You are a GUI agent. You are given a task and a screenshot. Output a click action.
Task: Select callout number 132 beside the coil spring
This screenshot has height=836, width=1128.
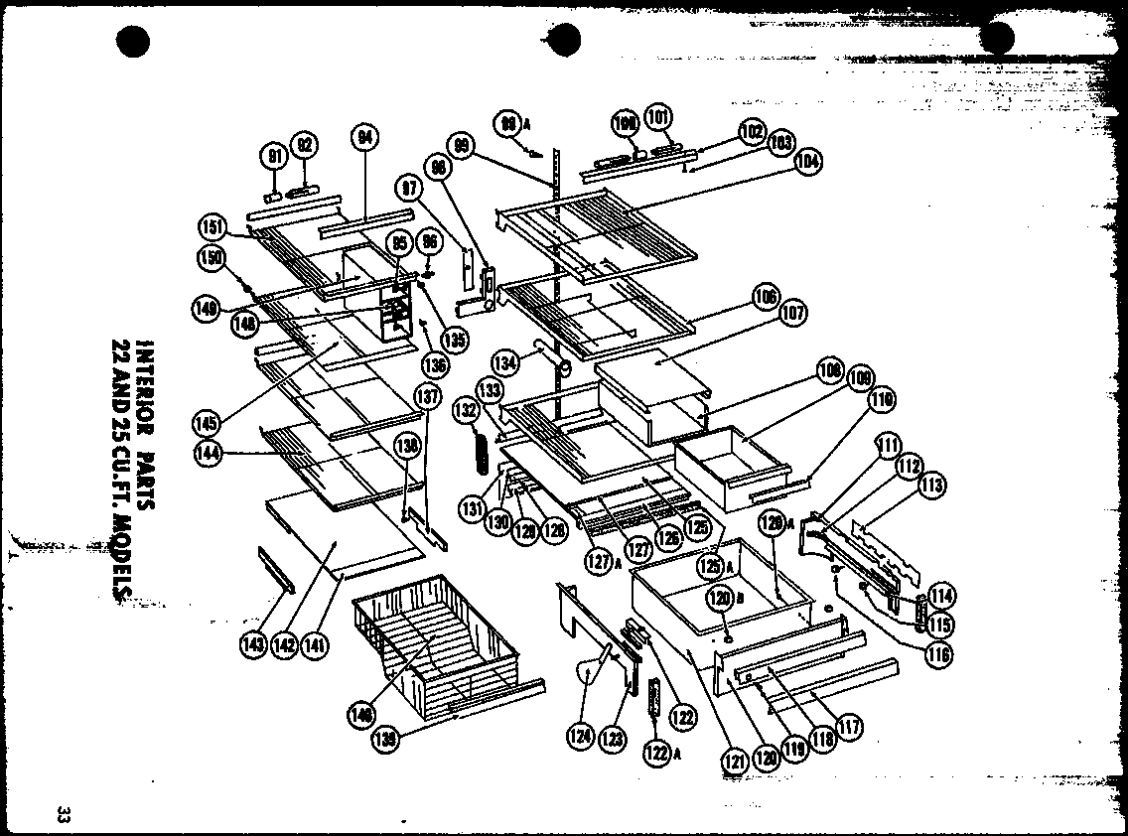pyautogui.click(x=466, y=409)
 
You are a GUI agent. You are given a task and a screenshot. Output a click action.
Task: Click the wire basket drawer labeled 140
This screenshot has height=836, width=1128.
pyautogui.click(x=437, y=635)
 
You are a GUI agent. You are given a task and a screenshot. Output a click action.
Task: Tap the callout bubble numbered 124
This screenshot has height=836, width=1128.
pyautogui.click(x=580, y=736)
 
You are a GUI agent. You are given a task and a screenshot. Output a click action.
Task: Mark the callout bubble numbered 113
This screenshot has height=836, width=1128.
pyautogui.click(x=930, y=486)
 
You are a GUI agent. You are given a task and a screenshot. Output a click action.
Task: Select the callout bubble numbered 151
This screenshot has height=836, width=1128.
pyautogui.click(x=210, y=225)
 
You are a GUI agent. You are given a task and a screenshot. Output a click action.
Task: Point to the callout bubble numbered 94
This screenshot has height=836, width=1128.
pyautogui.click(x=364, y=140)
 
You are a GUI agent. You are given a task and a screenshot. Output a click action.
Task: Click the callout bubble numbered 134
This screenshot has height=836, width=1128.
pyautogui.click(x=506, y=363)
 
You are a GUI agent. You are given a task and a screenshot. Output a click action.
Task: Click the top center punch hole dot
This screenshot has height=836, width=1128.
pyautogui.click(x=564, y=40)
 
